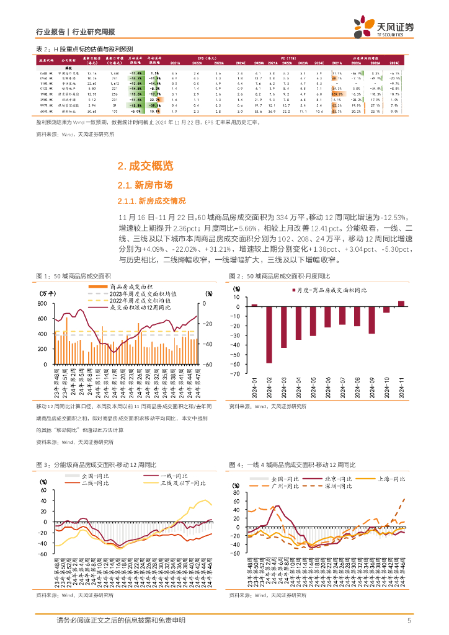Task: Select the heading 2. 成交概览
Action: pos(145,166)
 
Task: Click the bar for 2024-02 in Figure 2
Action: pos(269,334)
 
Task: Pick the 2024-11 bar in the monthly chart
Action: pos(401,303)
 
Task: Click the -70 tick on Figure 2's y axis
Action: pos(234,374)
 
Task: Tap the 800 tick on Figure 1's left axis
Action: pos(43,303)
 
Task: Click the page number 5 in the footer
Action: pos(409,620)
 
